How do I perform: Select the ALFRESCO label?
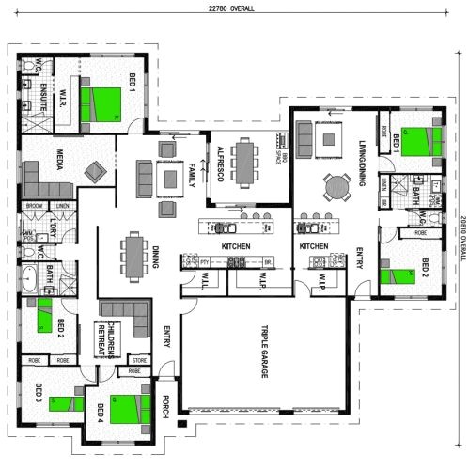click(218, 161)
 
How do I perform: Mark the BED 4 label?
click(101, 415)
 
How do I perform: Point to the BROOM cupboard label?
click(33, 206)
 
